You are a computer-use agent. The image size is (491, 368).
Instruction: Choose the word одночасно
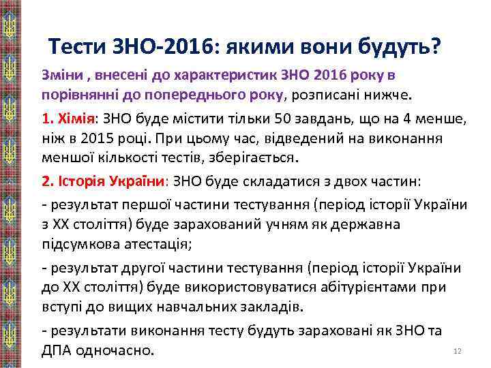pos(120,350)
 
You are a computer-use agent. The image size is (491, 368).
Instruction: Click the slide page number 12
pos(458,351)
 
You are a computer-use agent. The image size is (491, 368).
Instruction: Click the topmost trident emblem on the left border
pos(10,27)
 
